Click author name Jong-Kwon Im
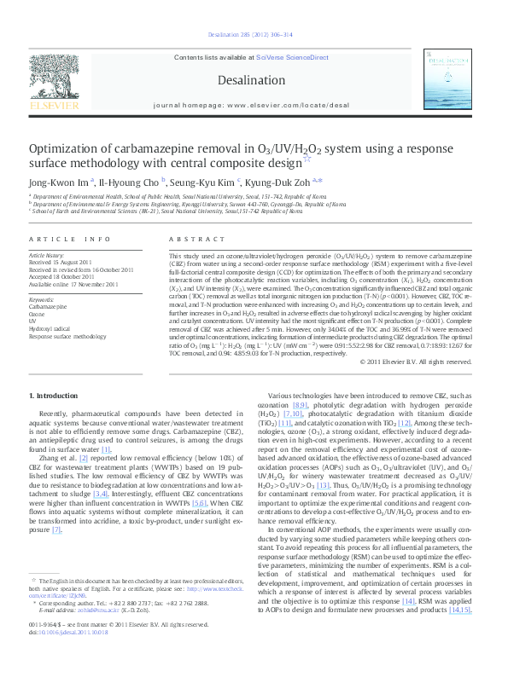(59, 181)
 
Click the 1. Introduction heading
(55, 396)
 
